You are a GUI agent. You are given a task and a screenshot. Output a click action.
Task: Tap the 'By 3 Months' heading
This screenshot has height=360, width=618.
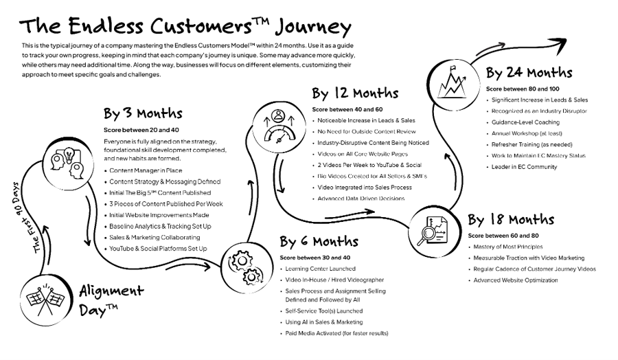[143, 113]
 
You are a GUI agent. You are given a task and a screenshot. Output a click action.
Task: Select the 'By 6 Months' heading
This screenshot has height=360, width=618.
[319, 241]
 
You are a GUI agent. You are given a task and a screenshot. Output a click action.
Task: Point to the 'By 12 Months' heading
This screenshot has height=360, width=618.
[355, 93]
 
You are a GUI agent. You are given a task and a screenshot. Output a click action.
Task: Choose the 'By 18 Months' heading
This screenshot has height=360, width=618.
[510, 220]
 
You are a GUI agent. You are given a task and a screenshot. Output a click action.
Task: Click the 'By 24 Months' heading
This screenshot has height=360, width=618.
[529, 72]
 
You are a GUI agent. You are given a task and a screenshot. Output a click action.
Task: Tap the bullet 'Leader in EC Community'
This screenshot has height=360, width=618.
[524, 167]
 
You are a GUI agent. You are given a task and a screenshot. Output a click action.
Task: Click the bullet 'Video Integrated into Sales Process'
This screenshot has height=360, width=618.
[364, 188]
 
